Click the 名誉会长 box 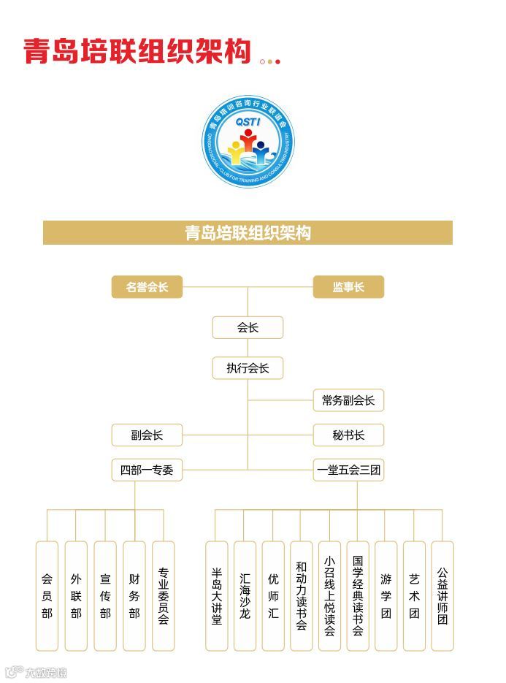(147, 287)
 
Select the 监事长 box (348, 287)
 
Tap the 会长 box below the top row (248, 328)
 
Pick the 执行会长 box (248, 368)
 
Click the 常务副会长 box (348, 400)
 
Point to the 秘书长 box (348, 435)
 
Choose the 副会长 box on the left (147, 435)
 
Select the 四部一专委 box (147, 470)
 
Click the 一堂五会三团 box (348, 470)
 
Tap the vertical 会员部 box (47, 595)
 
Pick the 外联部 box (76, 595)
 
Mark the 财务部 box (134, 595)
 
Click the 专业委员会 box (164, 595)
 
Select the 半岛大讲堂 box (216, 595)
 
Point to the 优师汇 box (273, 595)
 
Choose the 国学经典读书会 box (358, 595)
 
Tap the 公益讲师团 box (442, 595)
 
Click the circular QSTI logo (248, 143)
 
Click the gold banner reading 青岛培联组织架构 (248, 233)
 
